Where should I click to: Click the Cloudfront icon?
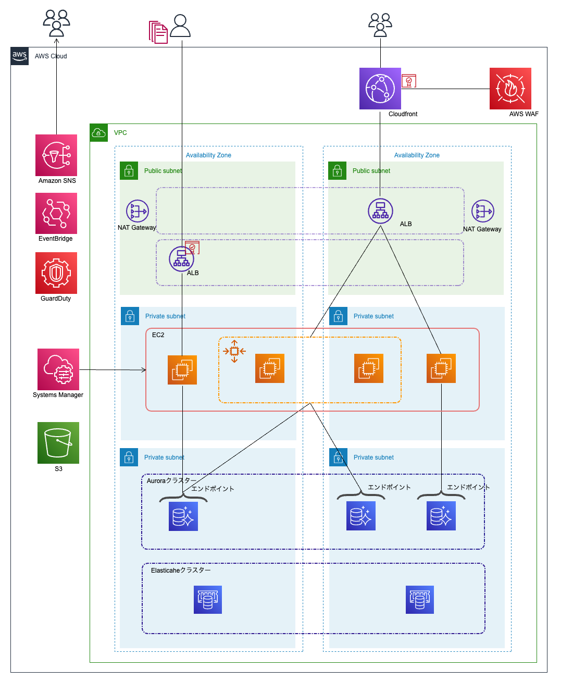(380, 89)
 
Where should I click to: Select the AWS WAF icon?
(510, 89)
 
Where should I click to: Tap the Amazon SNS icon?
(56, 155)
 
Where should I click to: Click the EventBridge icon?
(56, 214)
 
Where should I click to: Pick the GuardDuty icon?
(56, 273)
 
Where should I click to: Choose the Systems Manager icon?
(58, 369)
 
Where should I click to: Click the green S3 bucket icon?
(58, 443)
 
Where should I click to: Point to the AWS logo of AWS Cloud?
(20, 56)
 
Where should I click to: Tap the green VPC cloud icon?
(98, 133)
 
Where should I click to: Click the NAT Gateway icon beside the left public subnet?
(138, 211)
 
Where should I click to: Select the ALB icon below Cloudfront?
(381, 211)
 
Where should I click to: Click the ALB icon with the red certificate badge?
(182, 259)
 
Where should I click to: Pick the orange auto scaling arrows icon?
(234, 351)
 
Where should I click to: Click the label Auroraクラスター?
(171, 481)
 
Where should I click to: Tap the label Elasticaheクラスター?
(181, 571)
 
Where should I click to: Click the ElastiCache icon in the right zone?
(420, 600)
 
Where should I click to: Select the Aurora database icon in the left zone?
(183, 516)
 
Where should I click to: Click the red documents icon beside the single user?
(158, 32)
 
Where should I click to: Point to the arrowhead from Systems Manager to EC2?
(144, 370)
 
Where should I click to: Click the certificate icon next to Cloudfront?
(409, 81)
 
